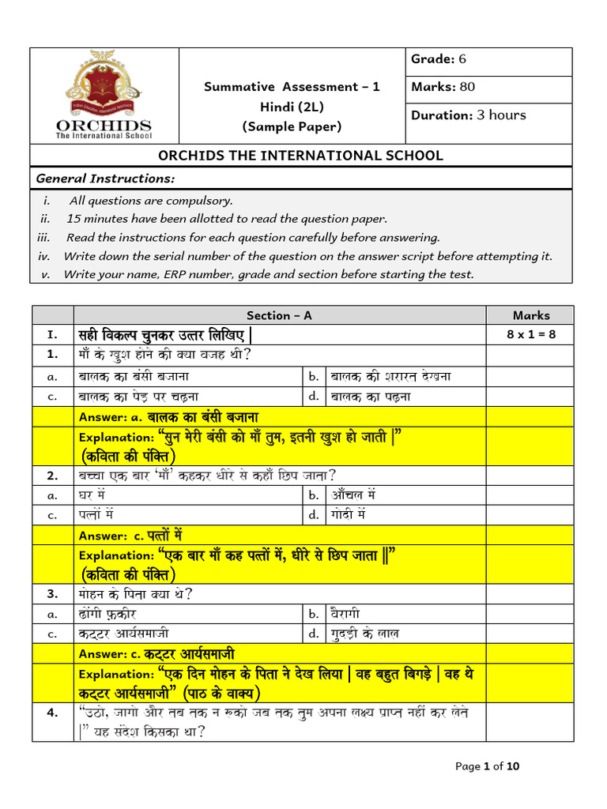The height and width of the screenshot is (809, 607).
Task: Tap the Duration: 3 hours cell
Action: click(x=468, y=115)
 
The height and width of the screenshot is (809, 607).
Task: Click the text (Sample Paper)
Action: click(x=292, y=126)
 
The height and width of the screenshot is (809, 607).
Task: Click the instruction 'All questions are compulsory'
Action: click(x=151, y=201)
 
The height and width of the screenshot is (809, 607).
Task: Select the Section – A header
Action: click(x=279, y=315)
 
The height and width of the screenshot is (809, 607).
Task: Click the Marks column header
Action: click(x=530, y=315)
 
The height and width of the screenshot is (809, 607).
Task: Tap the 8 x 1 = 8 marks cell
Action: click(x=530, y=334)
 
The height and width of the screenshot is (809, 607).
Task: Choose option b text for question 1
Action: click(x=391, y=376)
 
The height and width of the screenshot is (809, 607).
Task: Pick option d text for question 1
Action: click(x=382, y=396)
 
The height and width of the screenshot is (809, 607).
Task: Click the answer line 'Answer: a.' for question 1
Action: click(x=168, y=416)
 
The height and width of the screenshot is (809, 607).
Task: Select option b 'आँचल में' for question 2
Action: click(x=353, y=495)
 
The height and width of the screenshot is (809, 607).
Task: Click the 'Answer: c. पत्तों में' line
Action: click(x=130, y=535)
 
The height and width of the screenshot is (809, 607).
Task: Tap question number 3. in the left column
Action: click(x=53, y=593)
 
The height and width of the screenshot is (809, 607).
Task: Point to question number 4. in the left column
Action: click(x=53, y=713)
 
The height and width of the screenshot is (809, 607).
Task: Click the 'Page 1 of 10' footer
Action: click(x=488, y=766)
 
